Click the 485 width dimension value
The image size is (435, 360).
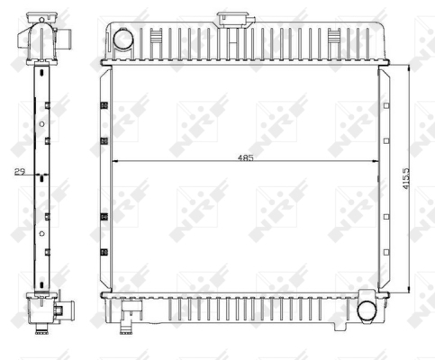(246, 157)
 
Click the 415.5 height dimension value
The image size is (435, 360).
(405, 178)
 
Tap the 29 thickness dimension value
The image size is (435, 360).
(20, 172)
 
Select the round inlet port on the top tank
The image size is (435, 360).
(122, 39)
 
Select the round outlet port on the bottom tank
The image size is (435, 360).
(367, 311)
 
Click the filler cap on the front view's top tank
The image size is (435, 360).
(232, 20)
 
